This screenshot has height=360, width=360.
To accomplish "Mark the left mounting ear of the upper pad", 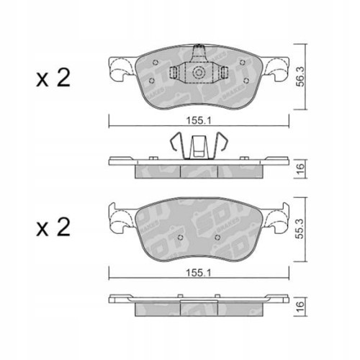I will [117, 71].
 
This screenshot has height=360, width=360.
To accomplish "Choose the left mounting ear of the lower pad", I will [117, 217].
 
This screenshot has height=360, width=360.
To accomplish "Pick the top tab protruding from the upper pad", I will [199, 53].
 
